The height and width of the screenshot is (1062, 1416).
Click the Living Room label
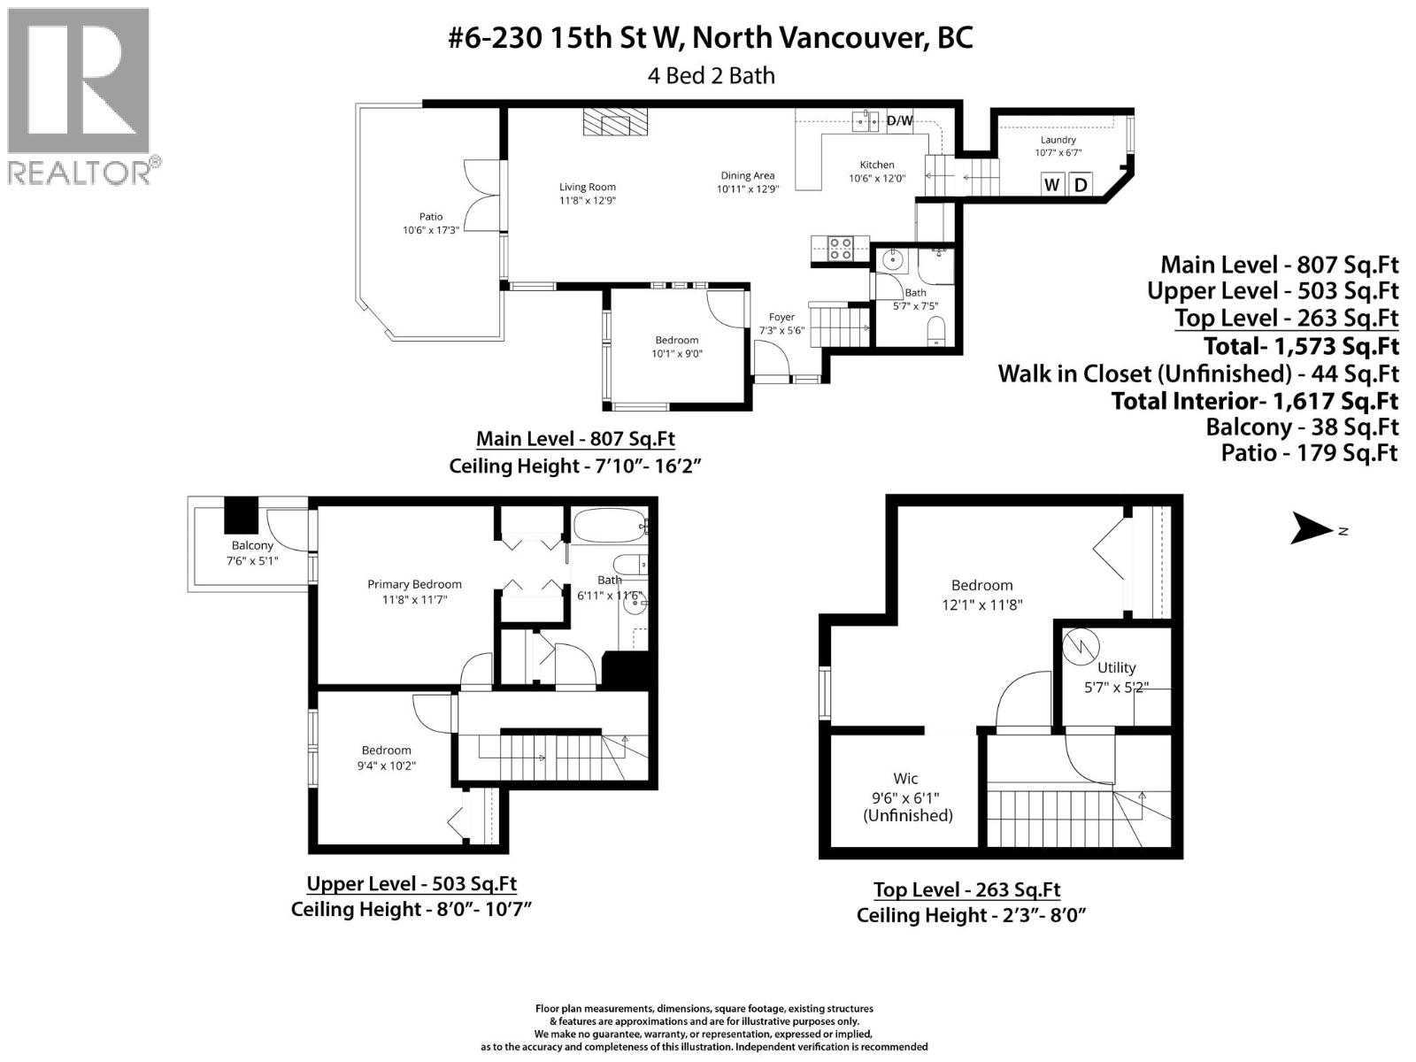point(587,187)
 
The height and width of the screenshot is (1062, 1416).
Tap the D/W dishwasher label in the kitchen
point(898,121)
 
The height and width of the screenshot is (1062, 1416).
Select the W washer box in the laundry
point(1052,184)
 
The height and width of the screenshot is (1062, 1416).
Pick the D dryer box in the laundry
point(1081,184)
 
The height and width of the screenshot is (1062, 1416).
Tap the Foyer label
point(781,317)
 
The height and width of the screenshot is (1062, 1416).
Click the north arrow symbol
point(1312,529)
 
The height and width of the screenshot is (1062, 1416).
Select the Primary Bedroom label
point(414,584)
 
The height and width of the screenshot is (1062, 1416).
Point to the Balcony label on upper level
point(252,545)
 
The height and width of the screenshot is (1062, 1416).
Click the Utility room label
point(1116,668)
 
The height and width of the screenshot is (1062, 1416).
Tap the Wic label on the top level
point(905,779)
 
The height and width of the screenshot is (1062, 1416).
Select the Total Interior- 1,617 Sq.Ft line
point(1254,401)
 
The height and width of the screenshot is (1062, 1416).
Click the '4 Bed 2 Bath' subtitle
point(711,75)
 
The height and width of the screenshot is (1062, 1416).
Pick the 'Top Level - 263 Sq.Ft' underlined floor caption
point(966,889)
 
